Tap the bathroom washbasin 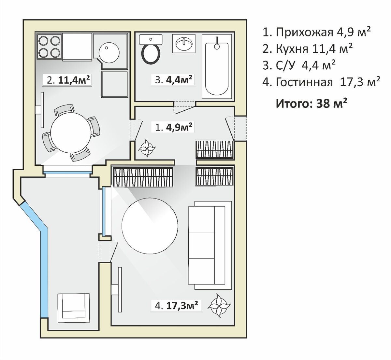point(184,44)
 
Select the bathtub point(217,67)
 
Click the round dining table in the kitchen point(71,133)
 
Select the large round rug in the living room point(150,226)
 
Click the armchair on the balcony point(74,309)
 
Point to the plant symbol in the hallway point(147,148)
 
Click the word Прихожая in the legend point(304,32)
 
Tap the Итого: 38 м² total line point(312,103)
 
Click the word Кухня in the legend point(292,49)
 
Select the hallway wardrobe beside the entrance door point(215,150)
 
